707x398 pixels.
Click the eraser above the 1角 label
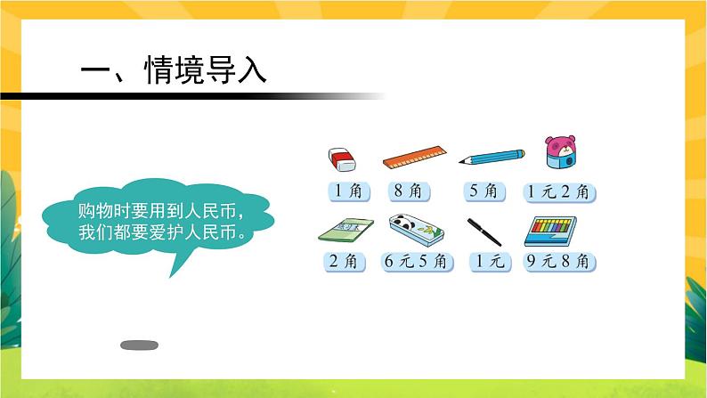[342, 159]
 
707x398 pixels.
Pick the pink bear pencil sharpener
[560, 152]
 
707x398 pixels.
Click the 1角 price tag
[342, 191]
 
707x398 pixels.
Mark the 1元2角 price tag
[561, 191]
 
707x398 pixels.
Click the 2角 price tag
[342, 262]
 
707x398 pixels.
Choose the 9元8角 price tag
[561, 262]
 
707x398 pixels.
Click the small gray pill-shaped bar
[138, 344]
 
